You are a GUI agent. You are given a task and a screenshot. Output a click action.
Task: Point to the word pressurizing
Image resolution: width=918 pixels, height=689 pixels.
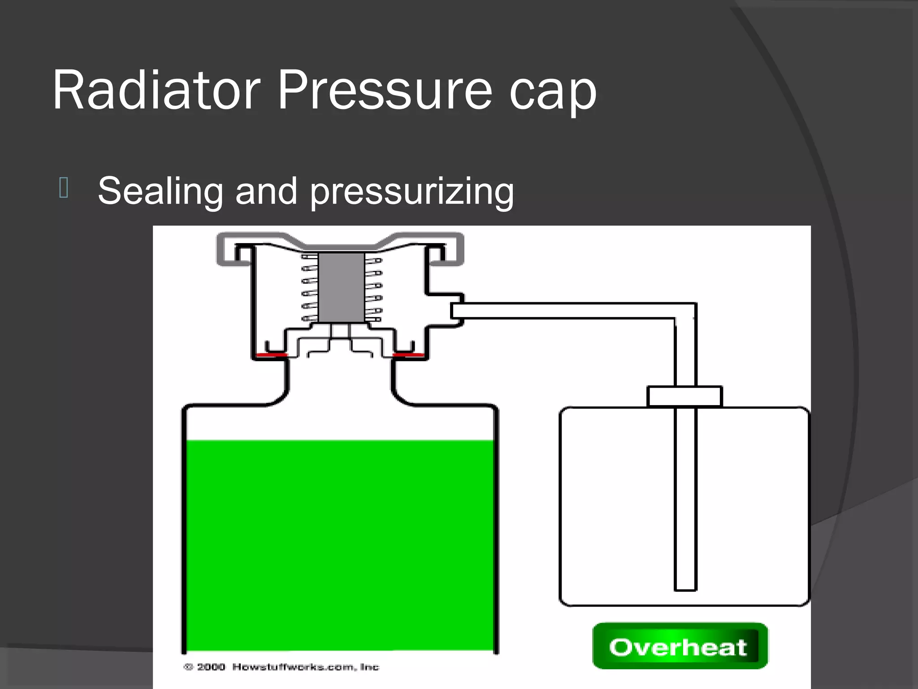(x=411, y=193)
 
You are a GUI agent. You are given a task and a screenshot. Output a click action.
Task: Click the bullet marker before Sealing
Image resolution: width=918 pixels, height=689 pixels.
(x=63, y=188)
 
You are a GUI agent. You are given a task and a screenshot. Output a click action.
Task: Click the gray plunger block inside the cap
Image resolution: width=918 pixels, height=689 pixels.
(x=341, y=287)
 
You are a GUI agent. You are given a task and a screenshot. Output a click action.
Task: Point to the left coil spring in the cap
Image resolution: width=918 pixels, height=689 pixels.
(x=310, y=288)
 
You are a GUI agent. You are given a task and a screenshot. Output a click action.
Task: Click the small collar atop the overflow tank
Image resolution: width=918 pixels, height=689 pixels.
(x=684, y=396)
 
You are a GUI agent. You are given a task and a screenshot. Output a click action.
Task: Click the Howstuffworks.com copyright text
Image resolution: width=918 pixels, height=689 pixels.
(x=305, y=667)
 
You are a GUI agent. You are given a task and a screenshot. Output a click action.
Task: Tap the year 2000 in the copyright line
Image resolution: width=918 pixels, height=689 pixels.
(x=211, y=667)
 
